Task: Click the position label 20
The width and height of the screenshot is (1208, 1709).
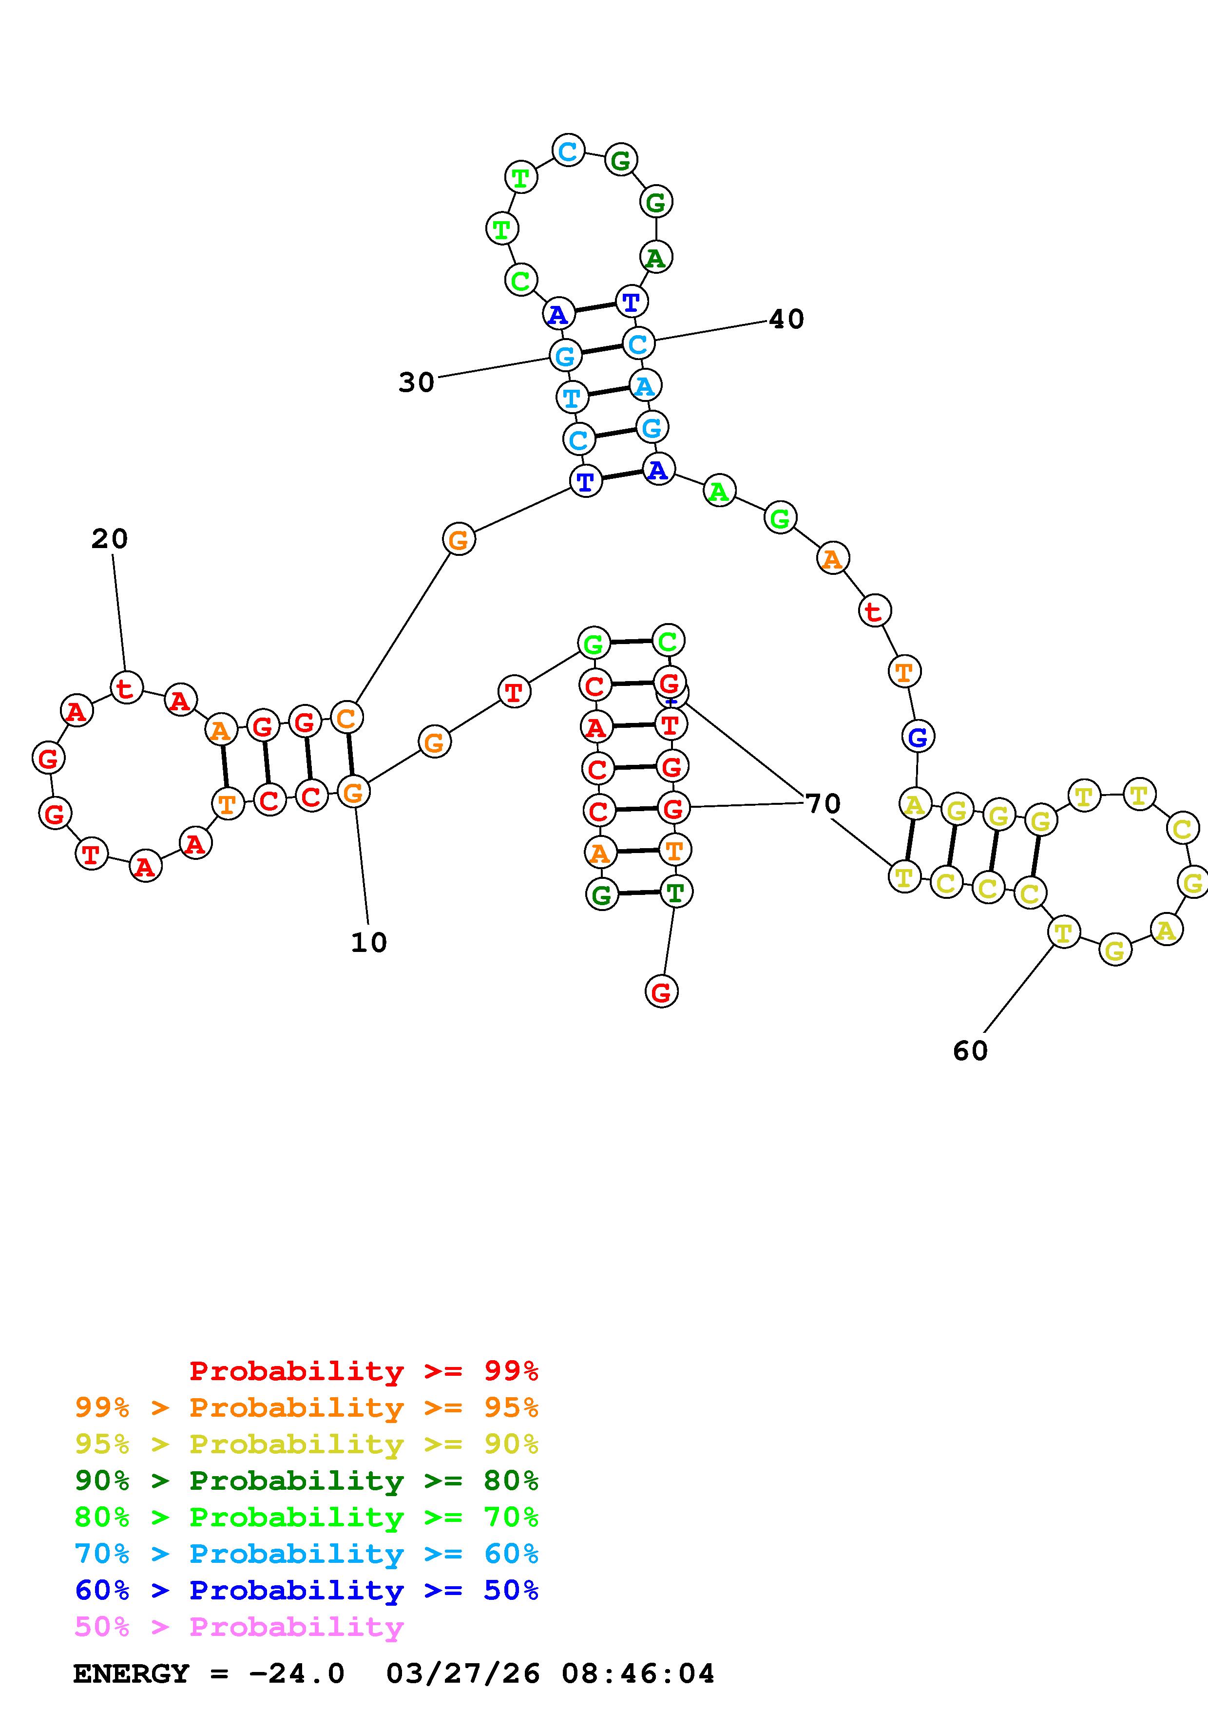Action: (110, 539)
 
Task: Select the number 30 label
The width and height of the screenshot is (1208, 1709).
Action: (416, 382)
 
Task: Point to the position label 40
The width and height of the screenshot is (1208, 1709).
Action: (786, 319)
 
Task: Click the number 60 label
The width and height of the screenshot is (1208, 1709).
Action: (970, 1051)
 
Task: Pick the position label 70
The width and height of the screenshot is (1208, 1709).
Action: (823, 804)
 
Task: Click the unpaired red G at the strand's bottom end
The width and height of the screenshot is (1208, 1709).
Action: (661, 991)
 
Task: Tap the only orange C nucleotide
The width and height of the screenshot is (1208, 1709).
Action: (346, 718)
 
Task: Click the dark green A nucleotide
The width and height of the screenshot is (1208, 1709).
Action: (655, 258)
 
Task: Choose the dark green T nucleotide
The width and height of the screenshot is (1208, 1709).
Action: (675, 892)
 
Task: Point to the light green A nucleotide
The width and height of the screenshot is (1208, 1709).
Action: (719, 491)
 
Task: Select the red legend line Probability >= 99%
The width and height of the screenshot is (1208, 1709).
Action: (364, 1371)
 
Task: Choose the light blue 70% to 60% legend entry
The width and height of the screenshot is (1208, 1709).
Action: (307, 1554)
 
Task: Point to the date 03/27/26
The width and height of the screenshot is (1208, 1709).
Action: (463, 1674)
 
